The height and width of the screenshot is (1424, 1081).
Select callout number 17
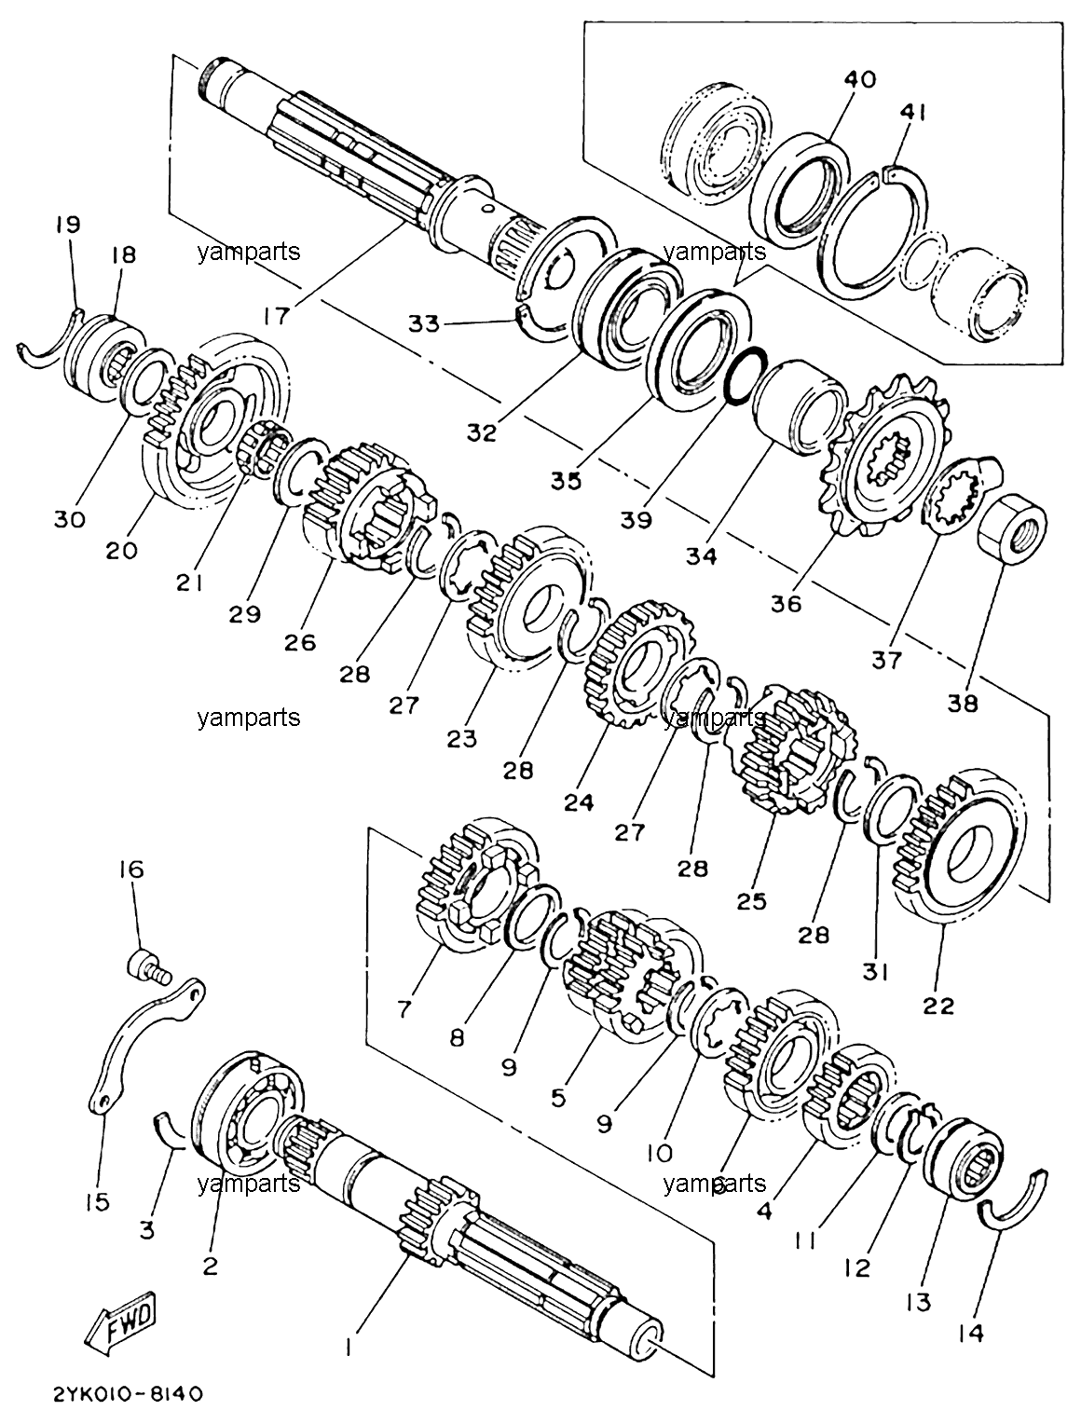pos(278,315)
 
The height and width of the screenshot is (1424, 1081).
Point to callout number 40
pos(860,79)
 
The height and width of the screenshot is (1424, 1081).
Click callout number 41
pos(912,113)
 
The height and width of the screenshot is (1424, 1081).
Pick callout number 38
pos(962,704)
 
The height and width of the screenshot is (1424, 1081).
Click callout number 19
pos(68,225)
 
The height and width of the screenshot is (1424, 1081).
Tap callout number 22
pos(939,1006)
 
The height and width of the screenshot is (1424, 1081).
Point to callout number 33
pos(424,323)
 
